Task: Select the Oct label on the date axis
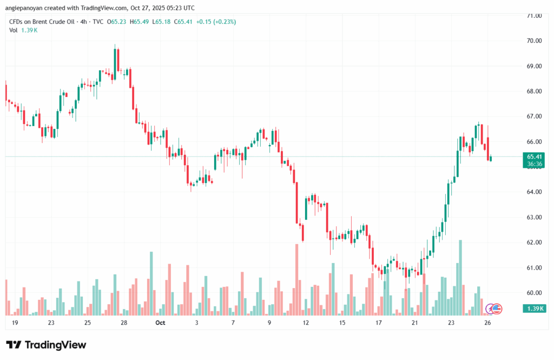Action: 160,323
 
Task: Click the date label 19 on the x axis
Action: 15,323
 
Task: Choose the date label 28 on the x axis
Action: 124,323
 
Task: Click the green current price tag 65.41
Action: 534,156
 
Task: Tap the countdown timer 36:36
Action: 534,164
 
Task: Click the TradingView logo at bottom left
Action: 46,345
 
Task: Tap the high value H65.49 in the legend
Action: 141,22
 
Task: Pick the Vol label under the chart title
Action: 14,30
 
